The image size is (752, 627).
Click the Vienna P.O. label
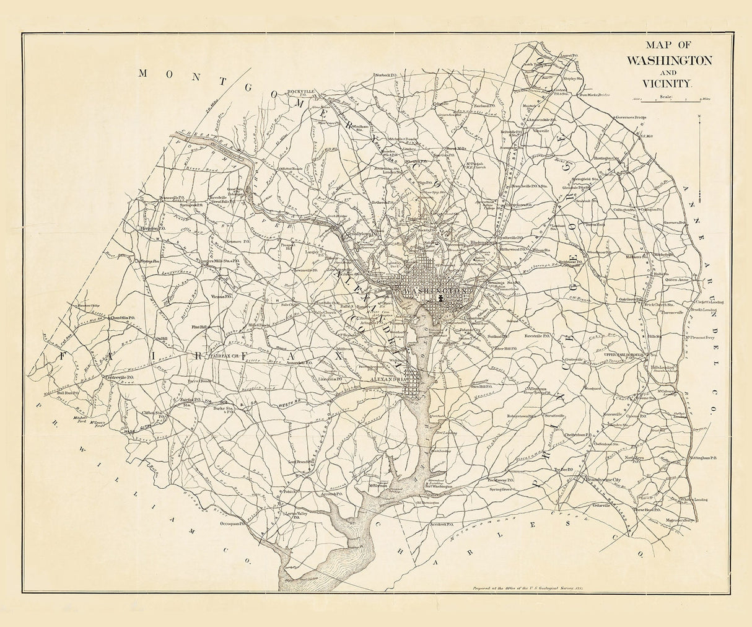tap(220, 297)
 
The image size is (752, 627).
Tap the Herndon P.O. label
tap(151, 228)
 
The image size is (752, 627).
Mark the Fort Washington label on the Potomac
tap(437, 486)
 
